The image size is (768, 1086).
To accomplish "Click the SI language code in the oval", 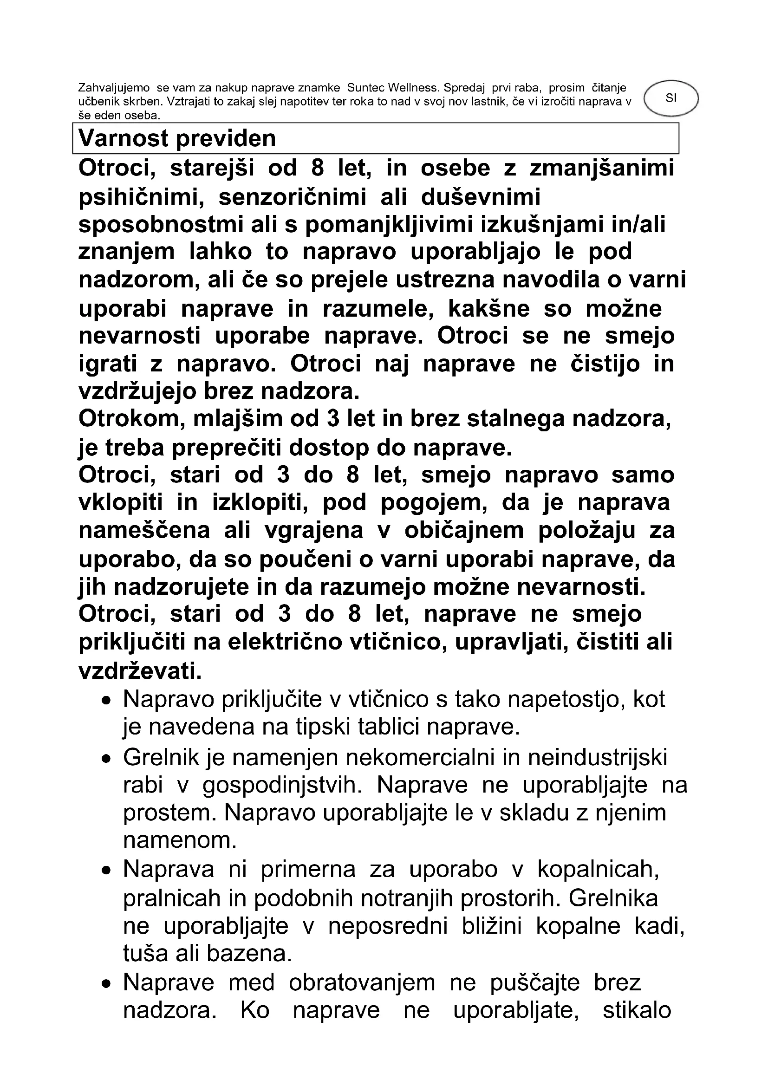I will [x=670, y=98].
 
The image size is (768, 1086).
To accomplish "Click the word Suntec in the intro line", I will [x=366, y=87].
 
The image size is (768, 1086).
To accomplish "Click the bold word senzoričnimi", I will [x=292, y=197].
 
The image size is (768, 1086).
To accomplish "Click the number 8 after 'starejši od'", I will [x=317, y=169].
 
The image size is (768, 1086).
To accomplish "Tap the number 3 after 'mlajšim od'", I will [x=333, y=419].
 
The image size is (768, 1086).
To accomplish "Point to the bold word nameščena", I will [x=144, y=531].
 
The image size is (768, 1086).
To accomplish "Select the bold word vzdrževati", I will [x=140, y=672].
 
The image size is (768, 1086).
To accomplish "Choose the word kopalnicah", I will [x=598, y=869].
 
